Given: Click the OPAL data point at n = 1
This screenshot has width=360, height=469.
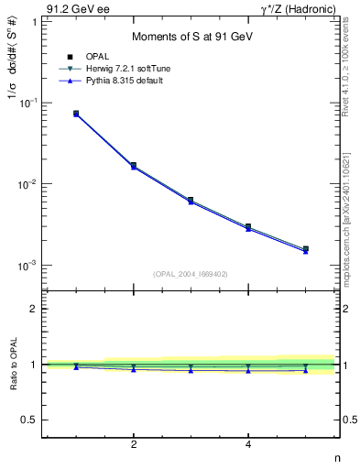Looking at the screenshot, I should (x=76, y=114).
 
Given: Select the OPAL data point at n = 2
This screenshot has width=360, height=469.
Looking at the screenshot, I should (x=134, y=166).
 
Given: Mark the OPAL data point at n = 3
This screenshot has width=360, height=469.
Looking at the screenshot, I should (x=191, y=200).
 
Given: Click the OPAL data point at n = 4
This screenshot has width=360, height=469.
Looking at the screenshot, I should (x=248, y=226).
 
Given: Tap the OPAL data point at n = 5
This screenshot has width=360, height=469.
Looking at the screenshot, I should (x=306, y=249).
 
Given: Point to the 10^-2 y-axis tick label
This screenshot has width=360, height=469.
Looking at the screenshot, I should (x=28, y=184).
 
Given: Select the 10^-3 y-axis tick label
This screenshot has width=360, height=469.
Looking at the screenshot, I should (x=28, y=266).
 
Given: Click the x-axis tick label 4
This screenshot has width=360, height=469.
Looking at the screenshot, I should (x=248, y=445).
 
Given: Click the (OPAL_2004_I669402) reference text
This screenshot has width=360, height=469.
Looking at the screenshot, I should (x=191, y=273).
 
